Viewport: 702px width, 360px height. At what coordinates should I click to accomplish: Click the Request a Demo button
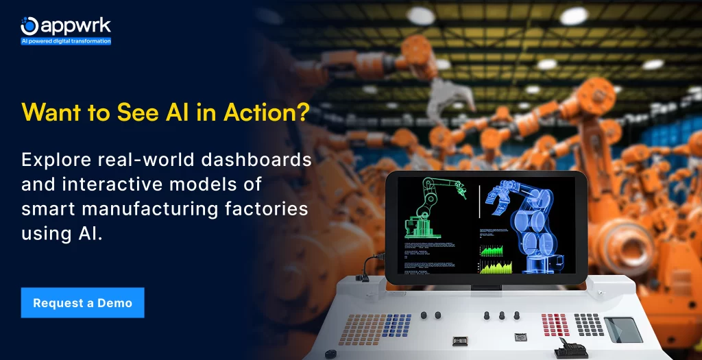click(82, 302)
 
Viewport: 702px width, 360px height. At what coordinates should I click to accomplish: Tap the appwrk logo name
click(75, 26)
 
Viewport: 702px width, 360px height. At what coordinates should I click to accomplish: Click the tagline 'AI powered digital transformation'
click(66, 41)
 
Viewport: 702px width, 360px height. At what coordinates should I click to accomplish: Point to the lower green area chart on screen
click(496, 267)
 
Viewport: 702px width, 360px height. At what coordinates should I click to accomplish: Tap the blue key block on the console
click(397, 324)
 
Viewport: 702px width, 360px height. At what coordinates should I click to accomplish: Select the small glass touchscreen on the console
click(622, 329)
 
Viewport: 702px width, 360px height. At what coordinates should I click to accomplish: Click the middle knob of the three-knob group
click(502, 315)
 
